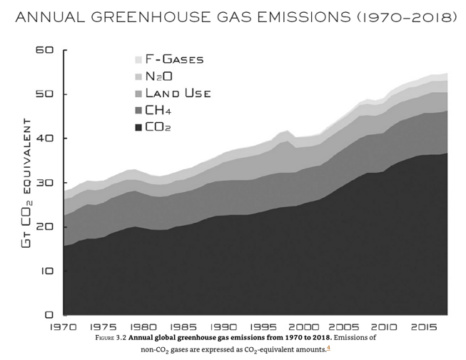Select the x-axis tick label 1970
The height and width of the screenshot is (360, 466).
tap(64, 326)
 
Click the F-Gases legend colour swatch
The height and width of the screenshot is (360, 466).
tap(138, 59)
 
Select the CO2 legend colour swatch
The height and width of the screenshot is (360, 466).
tap(138, 128)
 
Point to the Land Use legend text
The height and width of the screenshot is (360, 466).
tap(178, 94)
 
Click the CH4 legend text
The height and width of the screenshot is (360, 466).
tap(159, 111)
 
